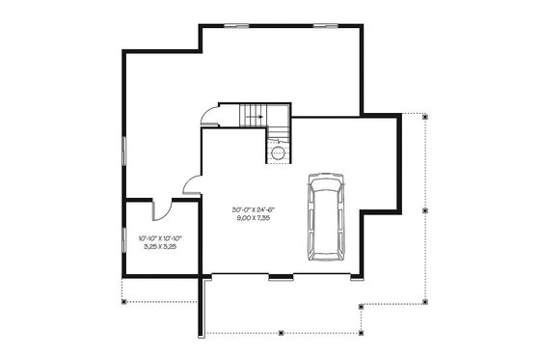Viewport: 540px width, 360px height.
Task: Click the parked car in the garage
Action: click(x=325, y=217)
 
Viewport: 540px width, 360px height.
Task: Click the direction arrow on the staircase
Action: click(x=253, y=119)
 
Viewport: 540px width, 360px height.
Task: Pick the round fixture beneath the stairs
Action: click(x=279, y=152)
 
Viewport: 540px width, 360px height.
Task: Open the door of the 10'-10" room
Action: click(x=163, y=208)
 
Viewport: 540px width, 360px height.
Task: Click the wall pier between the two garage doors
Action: click(x=281, y=278)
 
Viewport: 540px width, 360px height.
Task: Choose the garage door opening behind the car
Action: click(x=323, y=278)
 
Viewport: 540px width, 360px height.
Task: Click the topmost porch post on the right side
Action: click(x=425, y=114)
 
